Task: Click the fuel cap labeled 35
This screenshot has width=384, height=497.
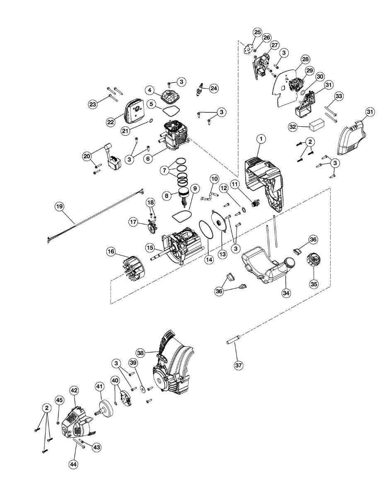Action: click(x=313, y=262)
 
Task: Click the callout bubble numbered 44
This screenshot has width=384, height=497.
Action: click(x=73, y=464)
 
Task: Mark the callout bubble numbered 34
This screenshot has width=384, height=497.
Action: click(x=286, y=292)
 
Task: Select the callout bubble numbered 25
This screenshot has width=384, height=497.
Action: click(x=257, y=32)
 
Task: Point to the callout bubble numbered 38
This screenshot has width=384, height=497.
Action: click(x=140, y=353)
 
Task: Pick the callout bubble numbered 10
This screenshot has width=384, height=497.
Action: click(x=214, y=179)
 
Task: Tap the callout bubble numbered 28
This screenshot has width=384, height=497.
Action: click(x=305, y=59)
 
